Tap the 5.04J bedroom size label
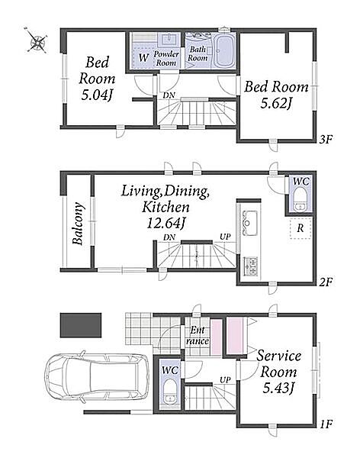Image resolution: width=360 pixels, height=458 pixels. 97,95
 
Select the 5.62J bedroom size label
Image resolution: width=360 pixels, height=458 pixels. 276,103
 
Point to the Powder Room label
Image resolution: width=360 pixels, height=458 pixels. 166,58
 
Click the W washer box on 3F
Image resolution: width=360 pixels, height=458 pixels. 143,57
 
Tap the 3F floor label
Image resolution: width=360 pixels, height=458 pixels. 326,140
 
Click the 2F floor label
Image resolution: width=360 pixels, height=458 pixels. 326,282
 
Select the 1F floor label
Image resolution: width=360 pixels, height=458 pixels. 326,424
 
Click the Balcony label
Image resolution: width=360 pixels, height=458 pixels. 79,224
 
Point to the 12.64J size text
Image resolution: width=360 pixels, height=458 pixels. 166,224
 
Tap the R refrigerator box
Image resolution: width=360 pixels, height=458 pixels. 301,227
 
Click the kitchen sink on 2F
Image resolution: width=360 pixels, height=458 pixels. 249,223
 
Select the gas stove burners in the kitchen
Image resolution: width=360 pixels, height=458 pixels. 250,266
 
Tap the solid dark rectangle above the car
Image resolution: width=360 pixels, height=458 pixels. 81,325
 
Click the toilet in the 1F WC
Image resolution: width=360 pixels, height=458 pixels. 169,392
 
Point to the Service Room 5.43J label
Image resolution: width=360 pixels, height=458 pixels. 278,372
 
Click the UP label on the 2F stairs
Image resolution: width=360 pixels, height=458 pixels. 225,237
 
